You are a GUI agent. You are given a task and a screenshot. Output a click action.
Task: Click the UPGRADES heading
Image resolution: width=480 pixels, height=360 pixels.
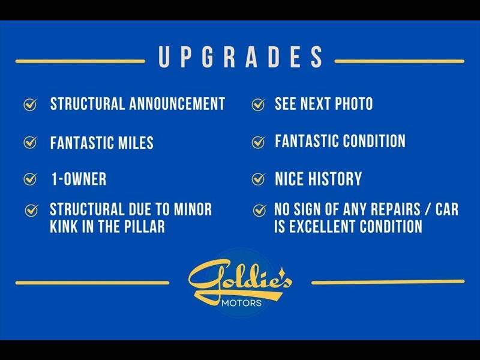tap(241, 57)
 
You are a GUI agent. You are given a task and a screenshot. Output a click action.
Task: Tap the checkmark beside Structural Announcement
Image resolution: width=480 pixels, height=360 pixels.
tap(31, 104)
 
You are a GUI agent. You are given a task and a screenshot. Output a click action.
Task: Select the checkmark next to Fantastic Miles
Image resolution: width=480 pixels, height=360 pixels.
tap(31, 142)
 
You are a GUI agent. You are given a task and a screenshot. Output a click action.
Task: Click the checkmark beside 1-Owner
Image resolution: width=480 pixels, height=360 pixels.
tap(31, 179)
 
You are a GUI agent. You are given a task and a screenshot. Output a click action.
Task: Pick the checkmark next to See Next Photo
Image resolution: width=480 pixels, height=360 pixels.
tap(259, 104)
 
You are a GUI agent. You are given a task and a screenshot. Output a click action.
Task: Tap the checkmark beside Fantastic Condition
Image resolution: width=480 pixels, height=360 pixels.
tap(259, 142)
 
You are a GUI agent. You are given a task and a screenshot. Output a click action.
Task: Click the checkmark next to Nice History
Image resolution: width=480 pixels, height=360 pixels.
tap(259, 179)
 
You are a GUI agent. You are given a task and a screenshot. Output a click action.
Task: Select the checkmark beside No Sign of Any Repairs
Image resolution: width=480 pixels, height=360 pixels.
tap(260, 211)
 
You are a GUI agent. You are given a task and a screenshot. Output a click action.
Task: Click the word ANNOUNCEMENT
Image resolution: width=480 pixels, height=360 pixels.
tap(177, 103)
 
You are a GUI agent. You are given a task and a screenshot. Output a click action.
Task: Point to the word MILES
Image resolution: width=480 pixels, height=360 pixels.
tap(136, 143)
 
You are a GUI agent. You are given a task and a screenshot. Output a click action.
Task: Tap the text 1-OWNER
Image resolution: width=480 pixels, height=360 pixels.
tap(79, 179)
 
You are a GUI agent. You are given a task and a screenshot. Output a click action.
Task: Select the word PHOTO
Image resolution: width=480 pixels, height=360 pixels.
tap(354, 103)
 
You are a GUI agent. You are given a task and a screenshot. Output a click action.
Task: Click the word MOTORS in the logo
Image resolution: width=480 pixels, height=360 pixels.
tap(241, 303)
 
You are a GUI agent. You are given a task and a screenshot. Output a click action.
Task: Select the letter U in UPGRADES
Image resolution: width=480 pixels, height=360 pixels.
tap(164, 57)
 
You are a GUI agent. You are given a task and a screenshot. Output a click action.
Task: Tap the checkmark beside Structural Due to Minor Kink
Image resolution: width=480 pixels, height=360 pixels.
tap(32, 211)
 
